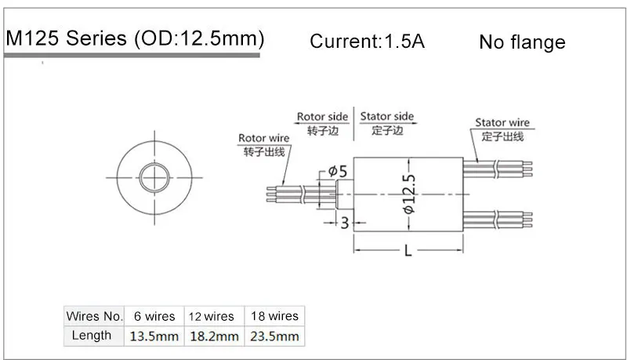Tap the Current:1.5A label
click(367, 42)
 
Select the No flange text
click(522, 42)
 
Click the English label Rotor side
click(321, 117)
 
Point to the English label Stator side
click(387, 117)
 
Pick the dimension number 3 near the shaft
click(344, 223)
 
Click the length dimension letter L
click(409, 251)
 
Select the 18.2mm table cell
click(214, 336)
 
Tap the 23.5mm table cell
click(274, 336)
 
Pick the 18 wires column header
click(274, 316)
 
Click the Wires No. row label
click(95, 316)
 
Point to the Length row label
click(92, 336)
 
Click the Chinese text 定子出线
click(502, 136)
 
